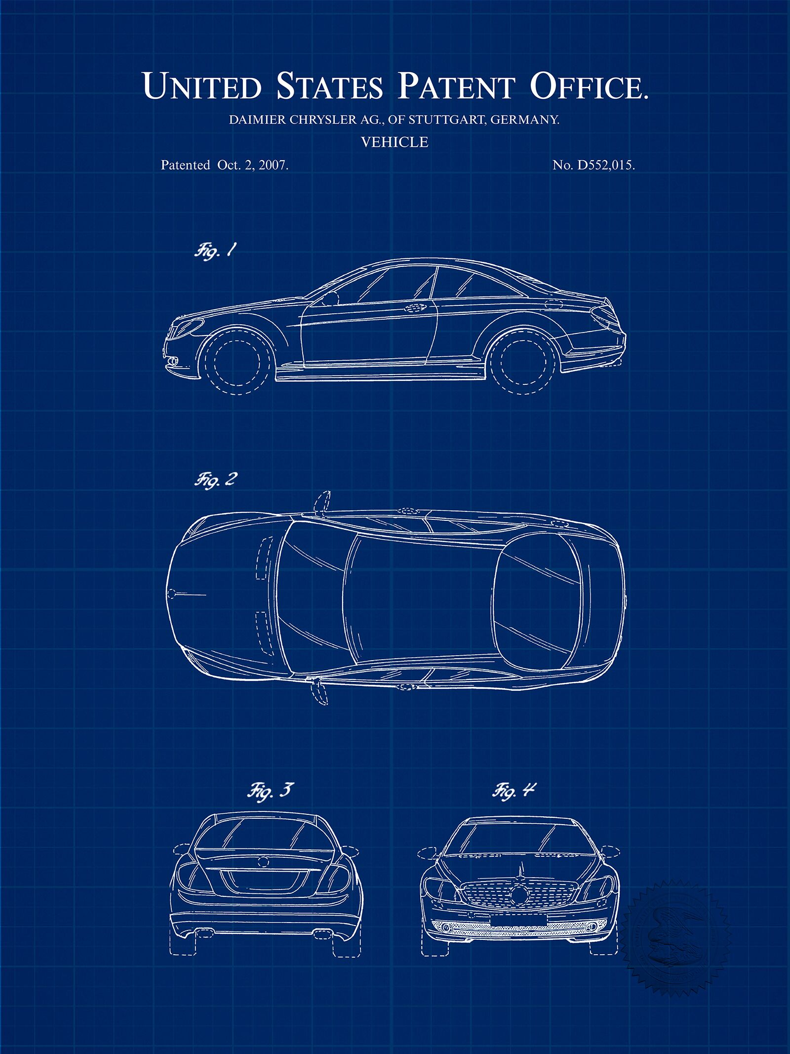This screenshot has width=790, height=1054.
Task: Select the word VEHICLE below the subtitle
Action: pyautogui.click(x=395, y=142)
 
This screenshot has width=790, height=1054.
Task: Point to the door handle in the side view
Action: pyautogui.click(x=416, y=308)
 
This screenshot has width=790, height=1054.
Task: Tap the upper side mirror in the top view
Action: pyautogui.click(x=321, y=502)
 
